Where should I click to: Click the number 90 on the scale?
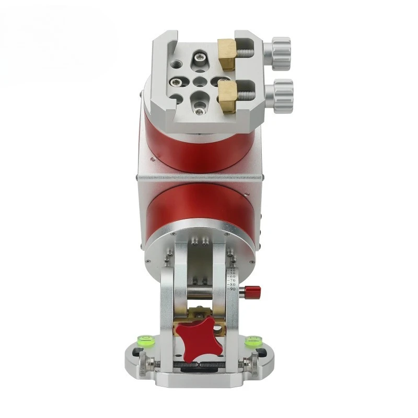[233, 289]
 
